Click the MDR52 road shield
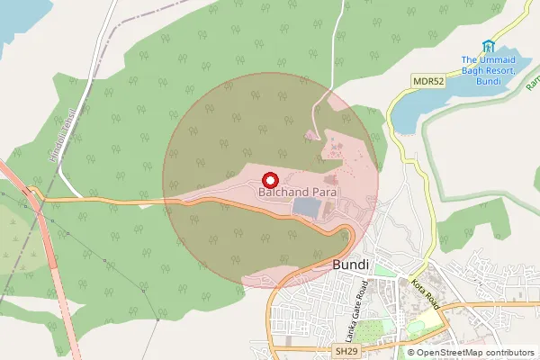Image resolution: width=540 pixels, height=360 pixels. (427, 81)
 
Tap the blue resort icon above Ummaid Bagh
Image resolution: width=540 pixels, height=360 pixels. (489, 46)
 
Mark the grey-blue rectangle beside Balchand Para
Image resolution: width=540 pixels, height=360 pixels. (306, 208)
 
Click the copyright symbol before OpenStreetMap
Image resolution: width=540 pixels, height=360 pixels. (411, 353)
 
